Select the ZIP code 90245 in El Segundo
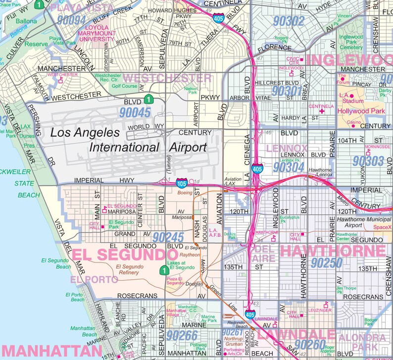pos(169,237)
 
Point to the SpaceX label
pos(382,227)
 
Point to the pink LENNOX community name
pos(287,148)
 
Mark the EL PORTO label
pos(94,280)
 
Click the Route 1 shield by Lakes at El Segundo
pos(163,270)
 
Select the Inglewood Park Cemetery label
pos(351,42)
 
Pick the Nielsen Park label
pos(191,90)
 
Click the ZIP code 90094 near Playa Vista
pos(71,20)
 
